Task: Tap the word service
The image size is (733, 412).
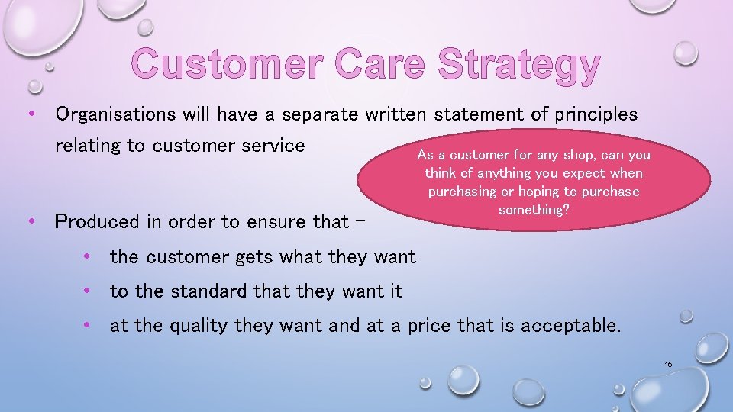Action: pyautogui.click(x=272, y=145)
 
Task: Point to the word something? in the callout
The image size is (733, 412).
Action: pyautogui.click(x=533, y=210)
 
